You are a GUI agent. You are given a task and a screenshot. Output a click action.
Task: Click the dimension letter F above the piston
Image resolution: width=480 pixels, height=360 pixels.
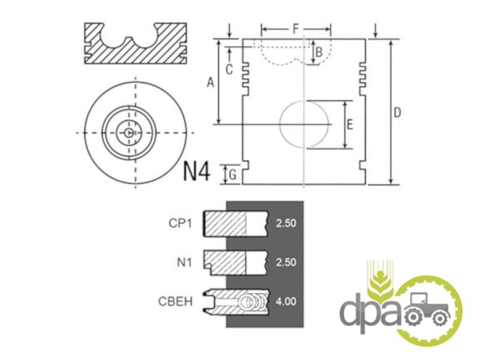(295, 29)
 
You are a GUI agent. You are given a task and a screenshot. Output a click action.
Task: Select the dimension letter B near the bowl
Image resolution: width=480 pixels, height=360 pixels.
(319, 52)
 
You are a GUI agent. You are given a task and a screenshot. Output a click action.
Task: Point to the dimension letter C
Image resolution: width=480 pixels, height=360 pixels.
(229, 70)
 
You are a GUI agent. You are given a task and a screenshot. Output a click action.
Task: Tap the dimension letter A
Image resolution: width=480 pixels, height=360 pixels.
(211, 82)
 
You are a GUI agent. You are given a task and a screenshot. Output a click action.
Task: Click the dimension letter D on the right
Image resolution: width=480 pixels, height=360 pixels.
(397, 113)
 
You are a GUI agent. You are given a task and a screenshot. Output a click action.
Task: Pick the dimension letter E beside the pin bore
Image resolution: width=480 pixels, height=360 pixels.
(350, 125)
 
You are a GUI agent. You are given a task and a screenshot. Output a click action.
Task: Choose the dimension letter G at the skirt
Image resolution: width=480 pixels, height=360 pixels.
(233, 175)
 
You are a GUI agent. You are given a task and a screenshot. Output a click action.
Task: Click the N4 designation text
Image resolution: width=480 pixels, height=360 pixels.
(197, 172)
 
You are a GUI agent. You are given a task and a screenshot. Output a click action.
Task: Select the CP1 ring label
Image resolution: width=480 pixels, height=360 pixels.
(181, 223)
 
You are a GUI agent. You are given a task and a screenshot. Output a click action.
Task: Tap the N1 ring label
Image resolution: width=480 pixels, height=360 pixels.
(184, 262)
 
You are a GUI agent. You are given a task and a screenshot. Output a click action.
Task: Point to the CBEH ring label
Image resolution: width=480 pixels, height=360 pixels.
(175, 302)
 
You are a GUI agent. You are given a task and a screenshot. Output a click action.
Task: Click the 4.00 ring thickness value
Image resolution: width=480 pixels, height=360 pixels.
(286, 302)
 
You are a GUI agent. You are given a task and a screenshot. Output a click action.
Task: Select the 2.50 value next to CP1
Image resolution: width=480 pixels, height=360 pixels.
(286, 223)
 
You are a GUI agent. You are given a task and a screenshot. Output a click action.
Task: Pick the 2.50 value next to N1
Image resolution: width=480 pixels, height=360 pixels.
(286, 262)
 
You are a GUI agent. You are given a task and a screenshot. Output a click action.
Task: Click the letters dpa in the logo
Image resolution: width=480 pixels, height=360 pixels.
(370, 312)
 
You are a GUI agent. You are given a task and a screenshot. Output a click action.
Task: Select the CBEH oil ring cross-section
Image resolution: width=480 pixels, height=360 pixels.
(236, 302)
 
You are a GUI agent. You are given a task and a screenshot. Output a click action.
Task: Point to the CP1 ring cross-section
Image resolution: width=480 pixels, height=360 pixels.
(235, 223)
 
